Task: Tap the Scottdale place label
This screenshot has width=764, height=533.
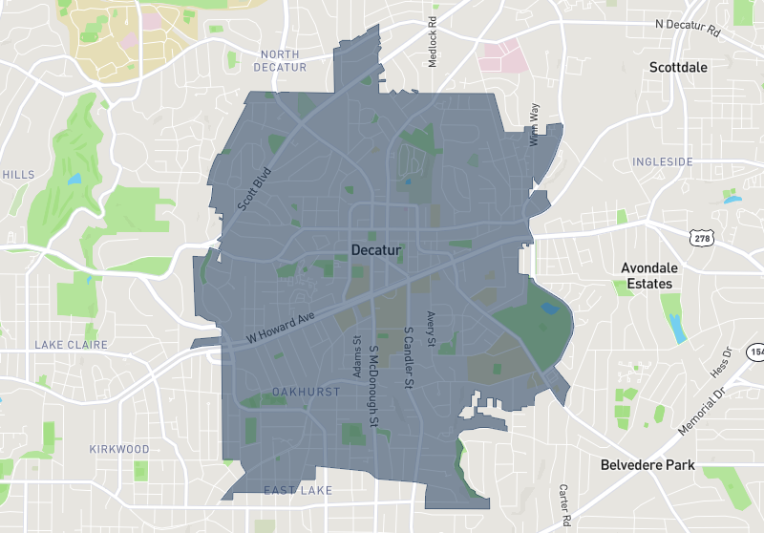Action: point(678,68)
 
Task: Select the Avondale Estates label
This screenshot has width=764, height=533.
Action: point(647,276)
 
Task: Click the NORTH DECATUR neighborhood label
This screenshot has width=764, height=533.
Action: point(281,61)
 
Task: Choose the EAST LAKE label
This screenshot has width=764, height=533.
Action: point(298,491)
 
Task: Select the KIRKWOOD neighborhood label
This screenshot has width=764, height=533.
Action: point(119,449)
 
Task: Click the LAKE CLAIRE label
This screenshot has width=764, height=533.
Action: point(72,344)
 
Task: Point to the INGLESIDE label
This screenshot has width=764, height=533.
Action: point(663,162)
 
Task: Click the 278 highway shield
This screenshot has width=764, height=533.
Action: point(703,238)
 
